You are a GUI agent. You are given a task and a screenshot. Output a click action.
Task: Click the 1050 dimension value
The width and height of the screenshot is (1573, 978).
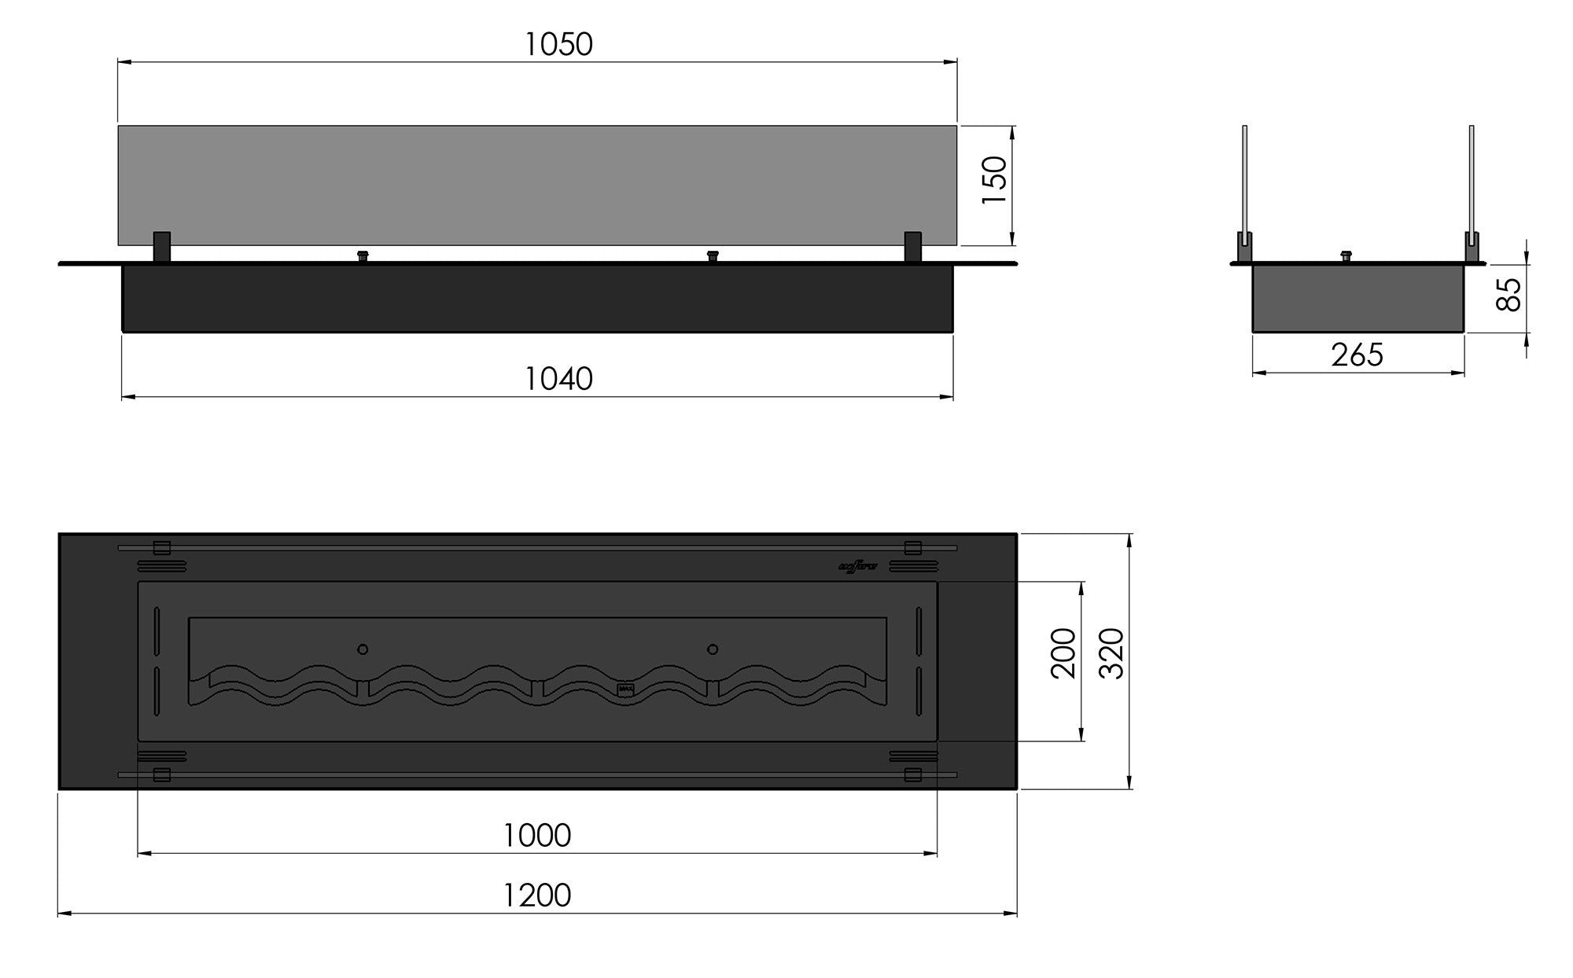558,45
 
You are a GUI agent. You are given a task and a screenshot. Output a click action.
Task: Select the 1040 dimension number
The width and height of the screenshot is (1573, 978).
558,379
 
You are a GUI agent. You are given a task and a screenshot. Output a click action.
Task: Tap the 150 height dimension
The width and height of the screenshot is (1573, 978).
996,180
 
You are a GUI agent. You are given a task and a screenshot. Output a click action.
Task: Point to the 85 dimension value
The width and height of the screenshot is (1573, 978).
1509,295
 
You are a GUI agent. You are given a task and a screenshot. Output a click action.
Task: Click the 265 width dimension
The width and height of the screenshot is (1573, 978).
1357,355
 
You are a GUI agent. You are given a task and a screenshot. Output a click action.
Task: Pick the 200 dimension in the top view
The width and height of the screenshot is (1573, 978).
1063,653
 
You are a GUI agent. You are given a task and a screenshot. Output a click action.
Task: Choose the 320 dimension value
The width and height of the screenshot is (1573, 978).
1111,653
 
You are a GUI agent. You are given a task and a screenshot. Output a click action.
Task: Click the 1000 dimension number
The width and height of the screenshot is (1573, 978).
536,835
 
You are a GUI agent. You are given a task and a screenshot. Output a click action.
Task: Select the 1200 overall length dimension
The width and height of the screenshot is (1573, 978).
536,895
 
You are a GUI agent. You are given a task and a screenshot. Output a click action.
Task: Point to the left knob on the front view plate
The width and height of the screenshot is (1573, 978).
363,256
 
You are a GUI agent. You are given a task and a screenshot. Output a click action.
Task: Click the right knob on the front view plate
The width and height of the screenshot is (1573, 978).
713,256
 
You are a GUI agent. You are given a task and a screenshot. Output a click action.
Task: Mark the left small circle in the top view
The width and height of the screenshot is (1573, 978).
363,649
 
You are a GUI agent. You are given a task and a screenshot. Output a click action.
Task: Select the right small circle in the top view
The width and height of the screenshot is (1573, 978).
713,649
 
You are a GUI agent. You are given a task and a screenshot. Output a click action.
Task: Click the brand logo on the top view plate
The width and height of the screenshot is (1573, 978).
858,566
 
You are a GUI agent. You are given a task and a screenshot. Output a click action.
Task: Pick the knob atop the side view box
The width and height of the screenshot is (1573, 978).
1346,256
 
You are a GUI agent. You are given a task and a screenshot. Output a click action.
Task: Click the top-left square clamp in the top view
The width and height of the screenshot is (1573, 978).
161,548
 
